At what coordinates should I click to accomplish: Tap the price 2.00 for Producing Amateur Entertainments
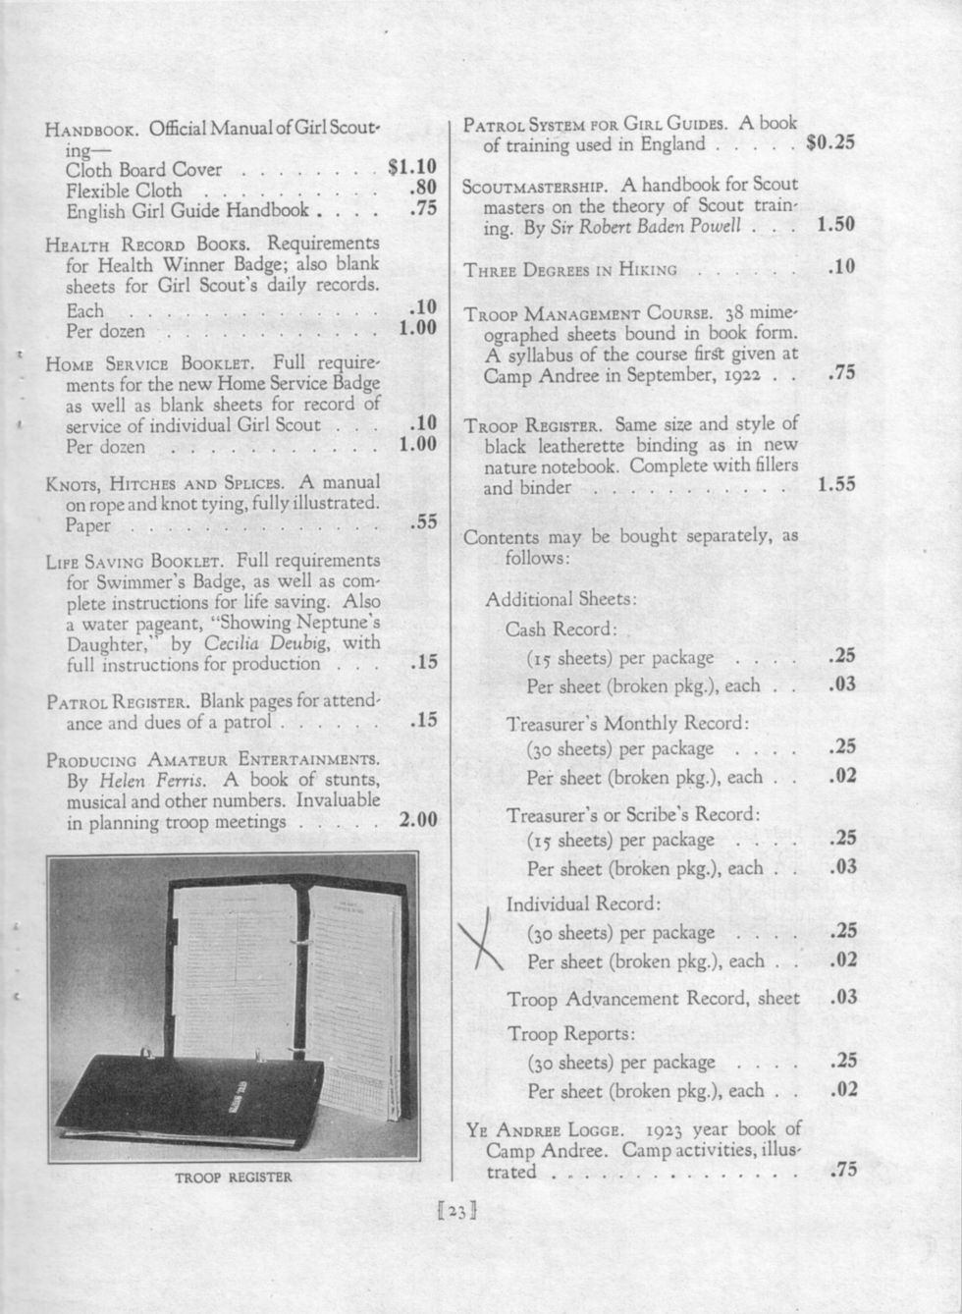(x=418, y=820)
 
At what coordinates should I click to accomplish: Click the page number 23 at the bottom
(x=455, y=1212)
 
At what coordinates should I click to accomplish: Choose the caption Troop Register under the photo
(x=234, y=1177)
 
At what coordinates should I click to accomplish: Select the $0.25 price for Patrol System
(x=829, y=142)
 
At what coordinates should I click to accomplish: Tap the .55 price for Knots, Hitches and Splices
(x=422, y=521)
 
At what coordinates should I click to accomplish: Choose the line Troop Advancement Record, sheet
(x=653, y=999)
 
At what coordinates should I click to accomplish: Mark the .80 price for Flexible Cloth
(x=422, y=189)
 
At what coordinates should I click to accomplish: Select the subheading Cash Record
(x=561, y=629)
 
